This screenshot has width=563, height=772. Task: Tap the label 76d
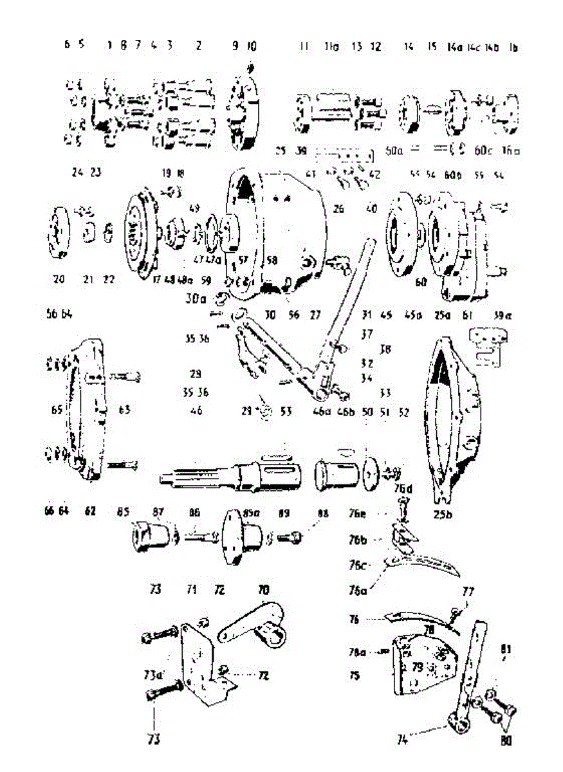coord(404,488)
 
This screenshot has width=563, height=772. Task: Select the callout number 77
coord(468,590)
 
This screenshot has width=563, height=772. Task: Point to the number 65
coord(56,409)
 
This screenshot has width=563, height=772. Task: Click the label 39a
coord(499,315)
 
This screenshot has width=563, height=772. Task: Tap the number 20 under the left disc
coord(59,279)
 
